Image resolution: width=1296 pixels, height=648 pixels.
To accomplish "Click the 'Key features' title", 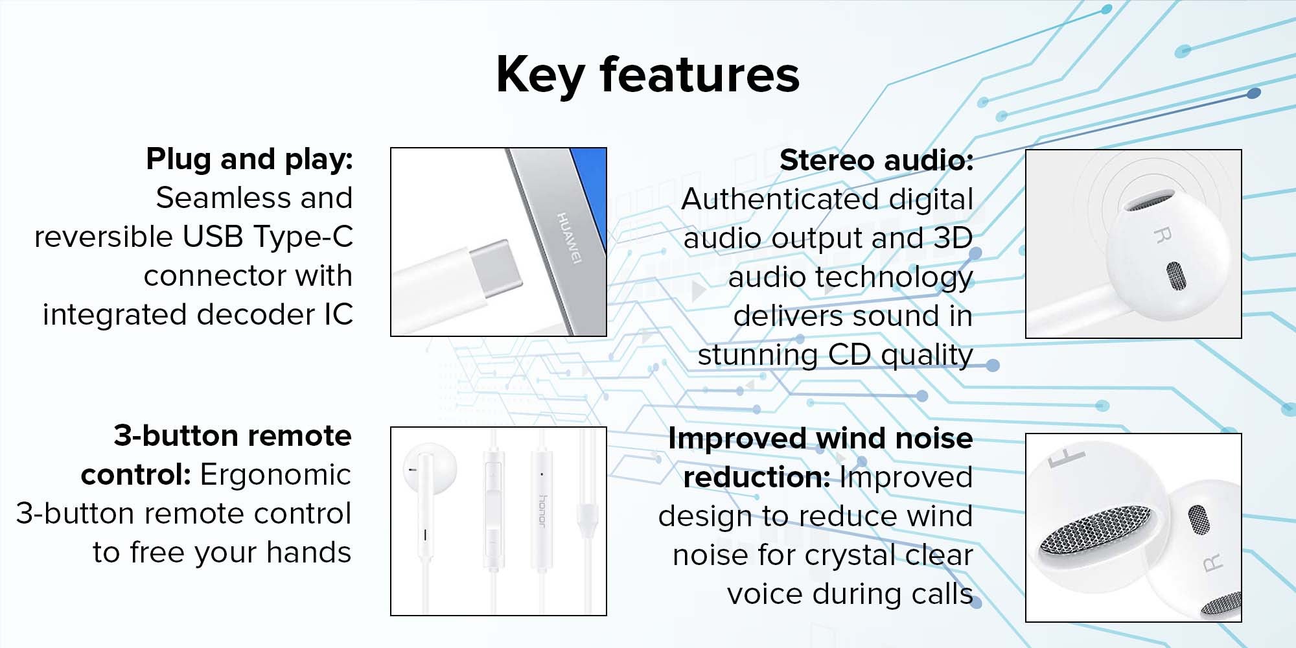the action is (647, 75).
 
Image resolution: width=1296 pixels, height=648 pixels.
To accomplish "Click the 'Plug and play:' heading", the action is (249, 159).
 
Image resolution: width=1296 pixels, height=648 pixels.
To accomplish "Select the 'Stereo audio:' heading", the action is (876, 160).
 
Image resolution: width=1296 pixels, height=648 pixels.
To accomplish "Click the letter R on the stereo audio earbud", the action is (1162, 236).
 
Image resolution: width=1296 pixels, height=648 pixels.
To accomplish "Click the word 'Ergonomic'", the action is (275, 474).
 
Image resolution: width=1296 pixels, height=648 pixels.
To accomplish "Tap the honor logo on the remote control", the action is (543, 511).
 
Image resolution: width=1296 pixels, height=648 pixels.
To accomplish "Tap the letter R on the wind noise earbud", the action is (1213, 563).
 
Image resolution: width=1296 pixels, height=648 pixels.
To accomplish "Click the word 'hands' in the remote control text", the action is (308, 552).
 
